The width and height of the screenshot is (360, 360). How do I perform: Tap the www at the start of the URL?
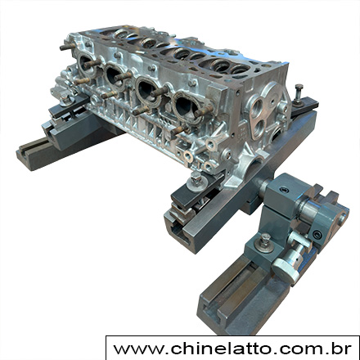tap(138, 350)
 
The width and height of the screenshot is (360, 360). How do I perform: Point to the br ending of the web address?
tap(343, 349)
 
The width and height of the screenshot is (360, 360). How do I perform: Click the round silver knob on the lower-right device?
tap(285, 270)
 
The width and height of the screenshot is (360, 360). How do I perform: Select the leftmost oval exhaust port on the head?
tap(86, 65)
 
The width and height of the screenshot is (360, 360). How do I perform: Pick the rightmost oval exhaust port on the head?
tap(187, 107)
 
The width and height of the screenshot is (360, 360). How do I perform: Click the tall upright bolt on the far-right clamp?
tap(299, 93)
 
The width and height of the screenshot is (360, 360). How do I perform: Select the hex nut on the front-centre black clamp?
tap(196, 179)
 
